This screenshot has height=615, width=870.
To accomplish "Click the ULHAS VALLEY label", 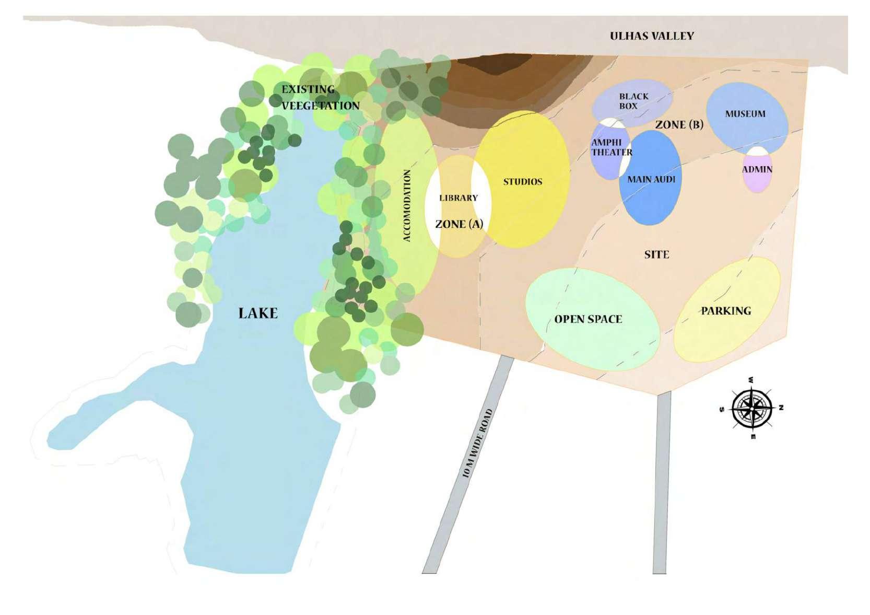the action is click(652, 36).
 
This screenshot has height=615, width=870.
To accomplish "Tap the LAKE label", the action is click(258, 313).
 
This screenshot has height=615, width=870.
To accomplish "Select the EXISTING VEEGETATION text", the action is click(320, 97).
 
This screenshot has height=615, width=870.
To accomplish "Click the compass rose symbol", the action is click(751, 408).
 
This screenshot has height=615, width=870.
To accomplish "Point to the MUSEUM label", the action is click(745, 114).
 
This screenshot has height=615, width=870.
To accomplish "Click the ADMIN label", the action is click(757, 169).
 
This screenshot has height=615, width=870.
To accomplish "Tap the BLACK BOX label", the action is click(633, 101).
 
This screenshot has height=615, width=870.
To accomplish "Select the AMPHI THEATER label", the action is click(610, 147).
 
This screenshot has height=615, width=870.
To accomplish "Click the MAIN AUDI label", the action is click(651, 179).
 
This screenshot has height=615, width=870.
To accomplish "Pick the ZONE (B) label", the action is click(679, 125).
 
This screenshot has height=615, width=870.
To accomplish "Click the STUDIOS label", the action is click(522, 182).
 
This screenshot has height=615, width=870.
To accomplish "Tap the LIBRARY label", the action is click(458, 198).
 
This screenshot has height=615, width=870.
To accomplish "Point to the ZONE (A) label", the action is click(459, 224).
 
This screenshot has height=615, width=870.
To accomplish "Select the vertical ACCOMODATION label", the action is click(407, 205).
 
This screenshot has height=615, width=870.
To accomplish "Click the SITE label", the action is click(656, 254).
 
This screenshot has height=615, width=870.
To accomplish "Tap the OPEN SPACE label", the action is click(588, 319).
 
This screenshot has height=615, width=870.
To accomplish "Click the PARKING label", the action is click(725, 311).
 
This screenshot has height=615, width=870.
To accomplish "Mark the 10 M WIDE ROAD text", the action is click(477, 443).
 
